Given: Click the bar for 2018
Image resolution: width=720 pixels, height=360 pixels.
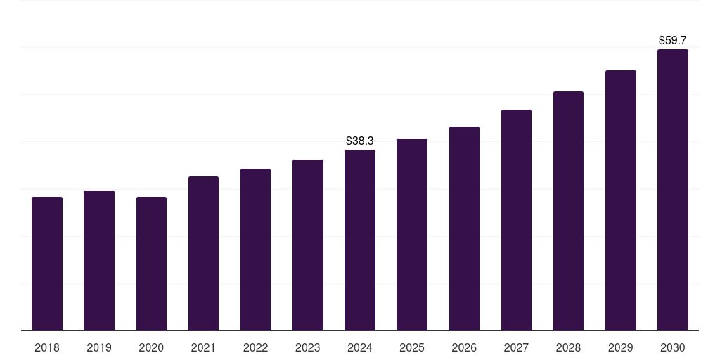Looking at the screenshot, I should coord(47,264).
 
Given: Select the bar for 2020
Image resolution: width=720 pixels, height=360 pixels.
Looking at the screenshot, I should coord(151,264).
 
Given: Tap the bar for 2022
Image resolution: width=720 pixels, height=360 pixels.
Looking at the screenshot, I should coord(255,250).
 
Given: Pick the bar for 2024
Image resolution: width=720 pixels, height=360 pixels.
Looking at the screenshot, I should coord(360,240).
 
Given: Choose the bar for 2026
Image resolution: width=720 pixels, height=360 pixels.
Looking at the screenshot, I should coord(464,229).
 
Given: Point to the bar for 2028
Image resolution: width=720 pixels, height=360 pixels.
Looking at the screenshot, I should coord(568,211).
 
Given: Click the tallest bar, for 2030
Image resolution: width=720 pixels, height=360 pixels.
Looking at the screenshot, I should coord(673,190).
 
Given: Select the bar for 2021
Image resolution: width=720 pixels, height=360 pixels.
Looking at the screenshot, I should coord(203,253).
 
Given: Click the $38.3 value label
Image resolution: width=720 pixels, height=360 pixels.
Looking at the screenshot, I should coord(360,141).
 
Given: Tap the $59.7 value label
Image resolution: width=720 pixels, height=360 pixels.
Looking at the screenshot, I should coord(673,41).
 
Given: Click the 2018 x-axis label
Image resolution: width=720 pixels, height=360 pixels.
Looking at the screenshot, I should coord(47,347).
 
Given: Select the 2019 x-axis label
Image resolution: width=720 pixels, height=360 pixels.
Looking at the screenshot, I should coord(99,347).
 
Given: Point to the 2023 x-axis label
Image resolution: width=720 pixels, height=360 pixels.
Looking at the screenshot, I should coord(308,347).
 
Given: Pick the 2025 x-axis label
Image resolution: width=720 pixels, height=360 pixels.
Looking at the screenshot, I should coord(412,347).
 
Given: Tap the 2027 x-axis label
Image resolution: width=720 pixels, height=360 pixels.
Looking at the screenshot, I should coord(516,347).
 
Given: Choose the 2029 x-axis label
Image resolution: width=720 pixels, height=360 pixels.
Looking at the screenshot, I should coord(621,347).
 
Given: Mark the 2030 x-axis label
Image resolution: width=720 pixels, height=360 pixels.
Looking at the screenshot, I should coord(673,347).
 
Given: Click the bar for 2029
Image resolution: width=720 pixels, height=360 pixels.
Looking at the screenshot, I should coord(621,200).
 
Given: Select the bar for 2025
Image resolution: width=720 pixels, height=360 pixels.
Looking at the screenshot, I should coord(412,234).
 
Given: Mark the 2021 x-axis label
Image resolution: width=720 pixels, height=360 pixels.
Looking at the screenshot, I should coord(203,347).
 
